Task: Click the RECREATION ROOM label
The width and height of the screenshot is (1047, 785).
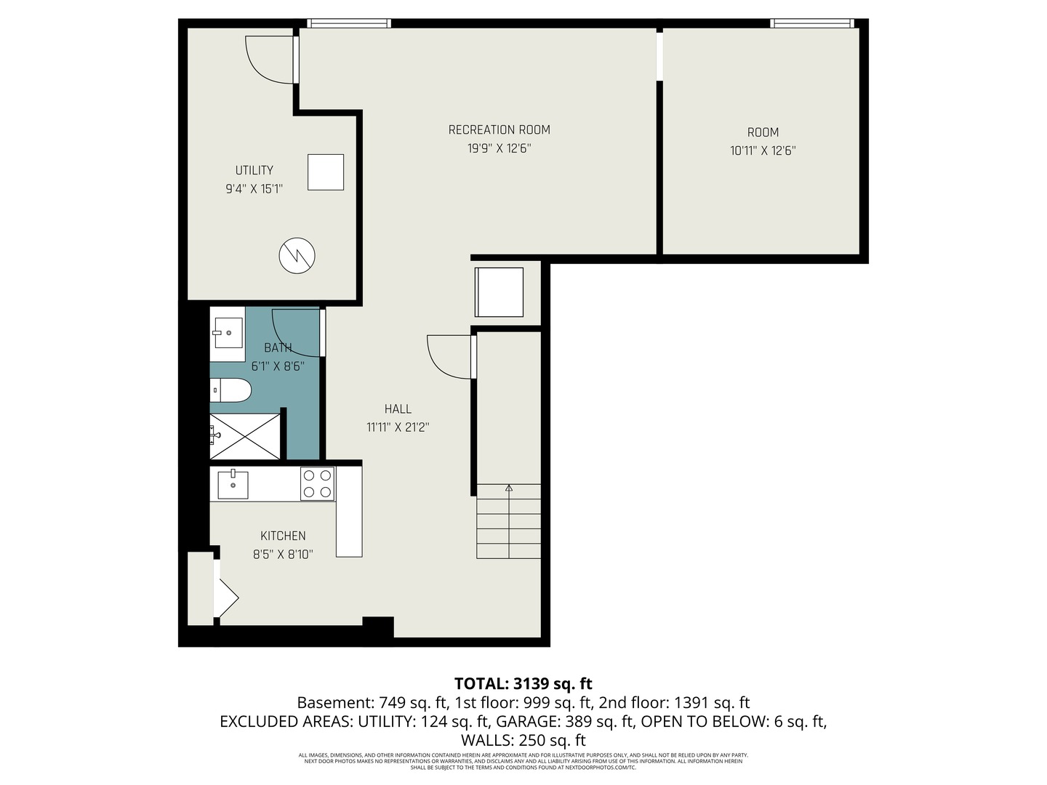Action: tap(499, 130)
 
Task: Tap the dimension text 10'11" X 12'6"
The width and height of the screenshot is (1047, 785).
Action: tap(763, 151)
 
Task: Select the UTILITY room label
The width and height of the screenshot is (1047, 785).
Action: tap(254, 170)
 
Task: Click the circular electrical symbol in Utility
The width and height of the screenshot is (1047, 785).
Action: tap(297, 255)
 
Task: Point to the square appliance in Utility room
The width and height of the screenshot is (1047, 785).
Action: tap(325, 172)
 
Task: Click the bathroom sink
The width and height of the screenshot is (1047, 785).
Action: tap(228, 333)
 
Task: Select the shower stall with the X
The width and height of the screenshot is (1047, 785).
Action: tap(245, 436)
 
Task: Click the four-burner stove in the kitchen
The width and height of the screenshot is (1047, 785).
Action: tap(318, 483)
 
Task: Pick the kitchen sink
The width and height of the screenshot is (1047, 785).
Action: tap(233, 485)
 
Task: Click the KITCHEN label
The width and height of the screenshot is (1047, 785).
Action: tap(283, 536)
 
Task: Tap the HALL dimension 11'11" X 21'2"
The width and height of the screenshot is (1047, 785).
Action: tap(398, 427)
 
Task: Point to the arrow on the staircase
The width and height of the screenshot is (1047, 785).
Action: tap(509, 489)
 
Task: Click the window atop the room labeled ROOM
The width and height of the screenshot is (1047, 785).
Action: tap(812, 23)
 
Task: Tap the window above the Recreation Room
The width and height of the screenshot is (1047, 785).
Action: tap(348, 23)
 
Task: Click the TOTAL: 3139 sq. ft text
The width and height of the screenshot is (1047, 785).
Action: tap(523, 683)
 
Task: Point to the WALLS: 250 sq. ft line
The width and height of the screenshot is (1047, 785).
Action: tap(523, 741)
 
